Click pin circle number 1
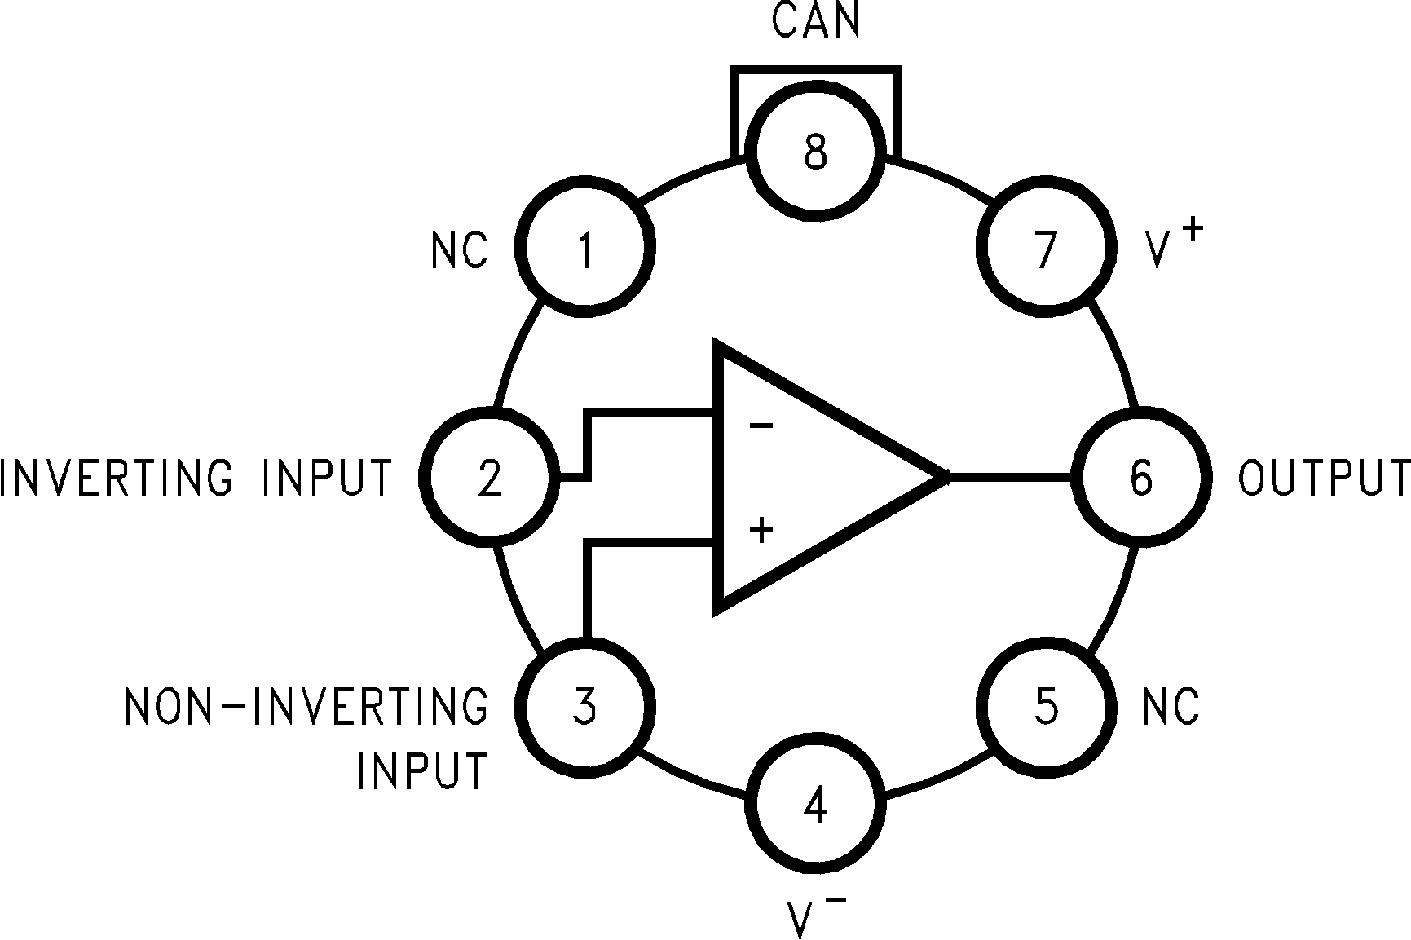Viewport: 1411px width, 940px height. [584, 247]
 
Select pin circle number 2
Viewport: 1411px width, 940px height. [489, 476]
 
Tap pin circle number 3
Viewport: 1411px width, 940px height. [584, 706]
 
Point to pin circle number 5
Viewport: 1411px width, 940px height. [1046, 706]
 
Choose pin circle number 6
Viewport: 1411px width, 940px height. [1140, 476]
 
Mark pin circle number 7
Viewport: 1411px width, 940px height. [1046, 247]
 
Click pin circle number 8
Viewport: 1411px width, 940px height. [815, 151]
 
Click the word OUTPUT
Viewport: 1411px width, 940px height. [1323, 478]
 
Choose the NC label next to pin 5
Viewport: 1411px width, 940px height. [1171, 706]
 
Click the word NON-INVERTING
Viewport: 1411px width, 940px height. [306, 706]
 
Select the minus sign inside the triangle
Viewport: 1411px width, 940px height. [761, 426]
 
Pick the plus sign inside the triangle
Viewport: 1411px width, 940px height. [761, 531]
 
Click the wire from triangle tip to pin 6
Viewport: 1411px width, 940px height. [1011, 476]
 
